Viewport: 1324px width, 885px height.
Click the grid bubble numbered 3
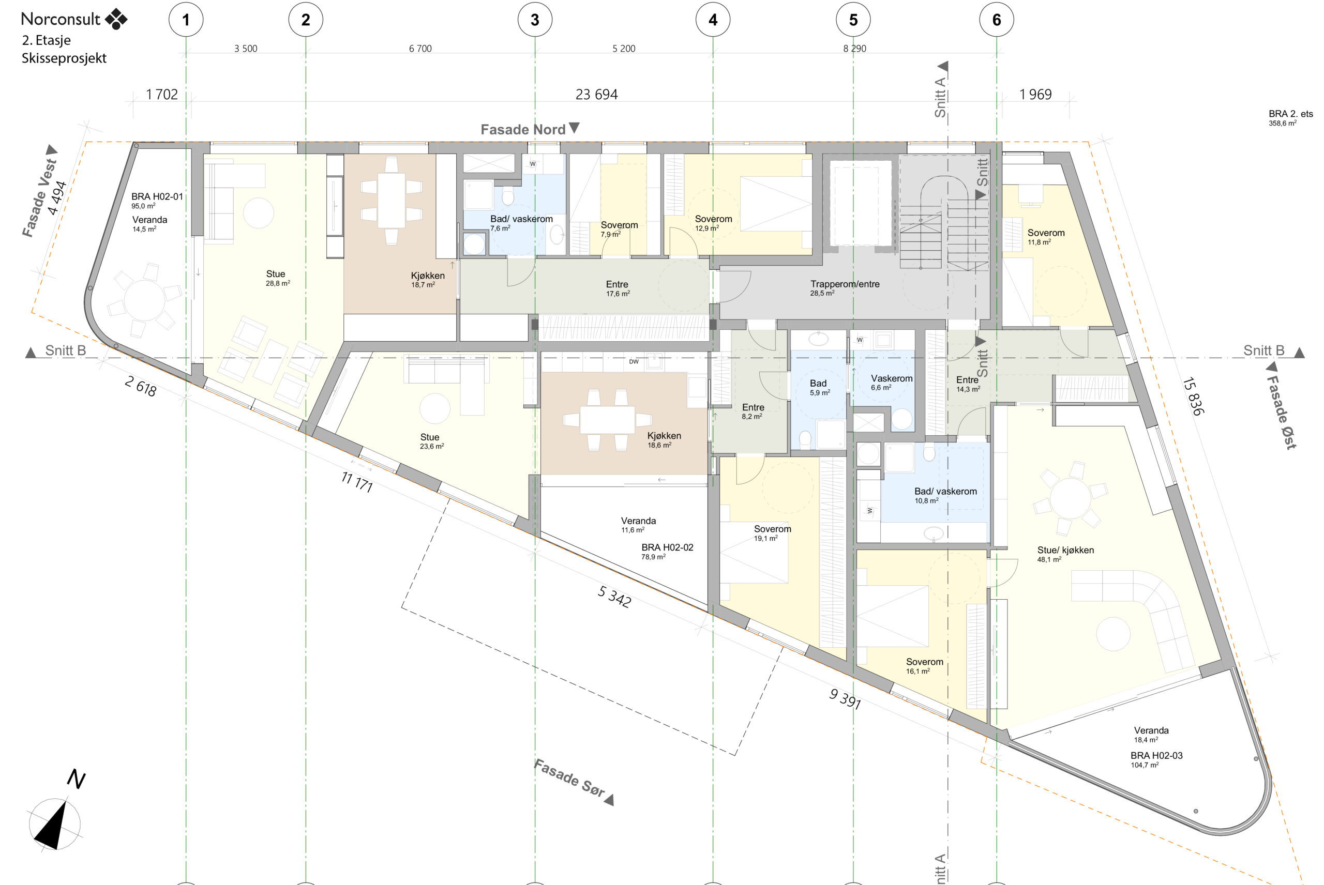[x=535, y=20]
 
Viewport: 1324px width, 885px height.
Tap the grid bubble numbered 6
[x=997, y=20]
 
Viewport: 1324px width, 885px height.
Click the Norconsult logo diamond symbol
[x=116, y=19]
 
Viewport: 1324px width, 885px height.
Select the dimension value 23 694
[x=596, y=94]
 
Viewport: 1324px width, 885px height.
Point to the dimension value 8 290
[x=854, y=49]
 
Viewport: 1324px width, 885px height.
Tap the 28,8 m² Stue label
[x=277, y=278]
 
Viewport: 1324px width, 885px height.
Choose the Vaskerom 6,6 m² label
[x=892, y=383]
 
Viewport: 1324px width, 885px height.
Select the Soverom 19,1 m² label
[x=772, y=533]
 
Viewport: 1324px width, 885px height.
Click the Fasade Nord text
[x=523, y=129]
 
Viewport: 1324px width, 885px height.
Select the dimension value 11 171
[x=357, y=482]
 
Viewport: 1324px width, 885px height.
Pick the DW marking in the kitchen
[x=634, y=362]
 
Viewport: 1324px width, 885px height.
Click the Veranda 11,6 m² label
[x=638, y=525]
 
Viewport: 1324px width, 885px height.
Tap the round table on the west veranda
[x=144, y=300]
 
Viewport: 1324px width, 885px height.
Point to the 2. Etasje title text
[x=47, y=40]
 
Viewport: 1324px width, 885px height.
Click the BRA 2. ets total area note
[x=1291, y=118]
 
